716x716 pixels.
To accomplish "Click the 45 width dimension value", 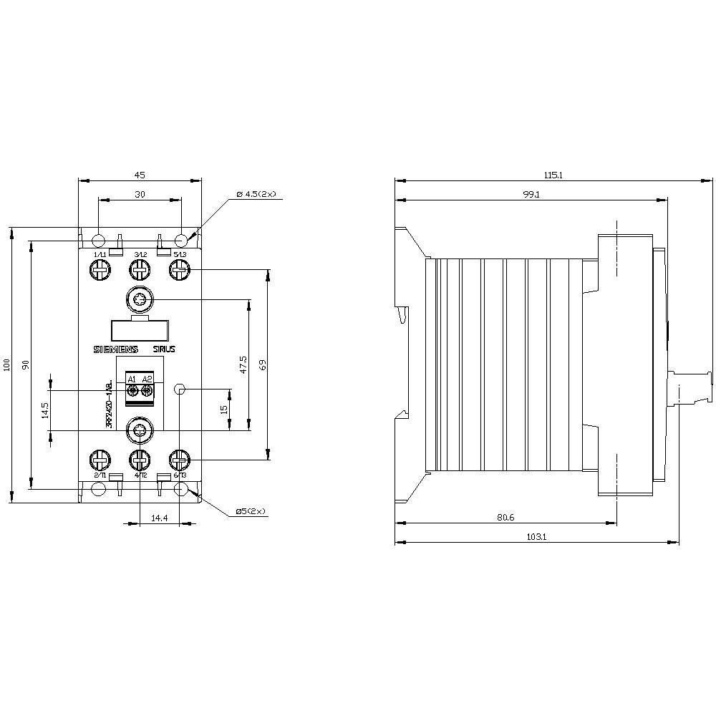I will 140,175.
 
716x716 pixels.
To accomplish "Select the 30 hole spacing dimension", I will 140,195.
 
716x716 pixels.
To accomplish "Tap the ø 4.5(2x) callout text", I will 260,195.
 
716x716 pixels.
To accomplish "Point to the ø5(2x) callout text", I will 251,511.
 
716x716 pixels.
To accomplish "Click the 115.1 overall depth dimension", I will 553,175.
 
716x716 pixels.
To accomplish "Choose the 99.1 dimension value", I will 531,195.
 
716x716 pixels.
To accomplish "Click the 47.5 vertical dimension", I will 243,365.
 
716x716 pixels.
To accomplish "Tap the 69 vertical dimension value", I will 263,365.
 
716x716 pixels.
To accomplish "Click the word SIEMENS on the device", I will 115,349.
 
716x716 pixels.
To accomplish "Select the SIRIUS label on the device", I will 164,349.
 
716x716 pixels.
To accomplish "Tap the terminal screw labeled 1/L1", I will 99,269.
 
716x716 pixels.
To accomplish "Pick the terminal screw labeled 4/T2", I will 139,458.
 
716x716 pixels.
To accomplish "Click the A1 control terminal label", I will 132,379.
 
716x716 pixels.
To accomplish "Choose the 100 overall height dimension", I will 6,365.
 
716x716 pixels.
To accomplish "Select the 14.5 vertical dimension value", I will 45,410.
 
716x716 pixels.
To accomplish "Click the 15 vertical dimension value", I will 224,410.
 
